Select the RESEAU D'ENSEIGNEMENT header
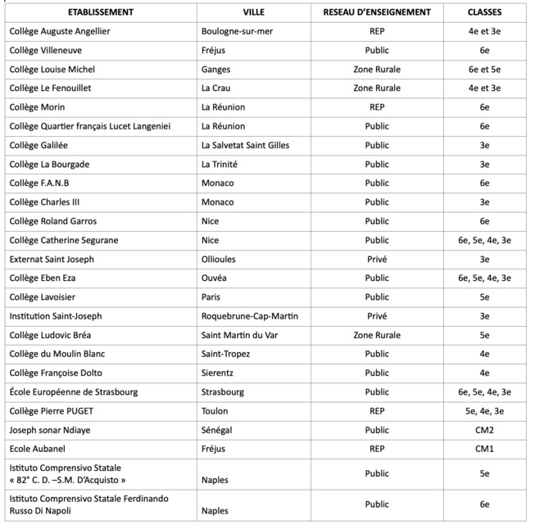[x=377, y=13]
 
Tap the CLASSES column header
[x=484, y=13]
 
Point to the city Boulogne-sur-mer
[x=238, y=31]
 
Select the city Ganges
[x=216, y=69]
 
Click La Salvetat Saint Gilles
[x=245, y=145]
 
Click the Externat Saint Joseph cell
[x=52, y=259]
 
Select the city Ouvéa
[x=215, y=278]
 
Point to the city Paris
[x=211, y=296]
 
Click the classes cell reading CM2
[x=484, y=430]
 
